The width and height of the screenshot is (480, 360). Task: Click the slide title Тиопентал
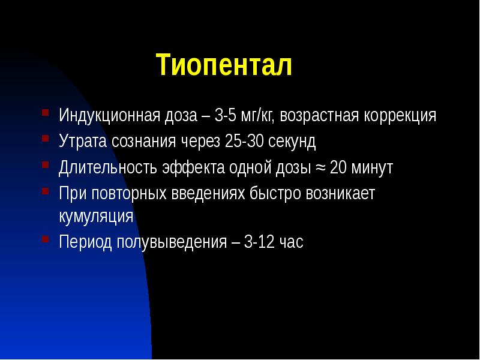click(x=224, y=65)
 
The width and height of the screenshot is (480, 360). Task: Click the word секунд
click(x=292, y=142)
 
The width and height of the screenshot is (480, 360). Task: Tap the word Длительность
click(x=109, y=168)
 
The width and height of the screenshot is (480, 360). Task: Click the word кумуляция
click(x=96, y=216)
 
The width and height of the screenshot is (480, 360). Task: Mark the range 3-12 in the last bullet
click(x=260, y=242)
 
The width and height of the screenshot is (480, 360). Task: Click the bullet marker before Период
click(x=46, y=240)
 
